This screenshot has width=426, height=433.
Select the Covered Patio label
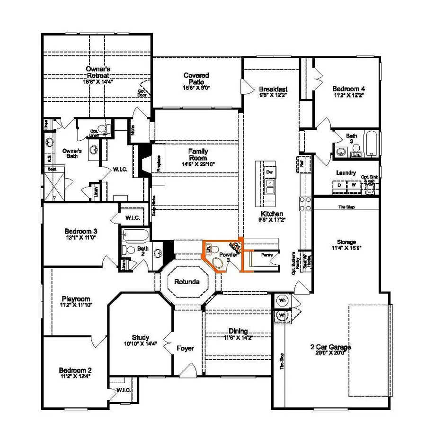pos(196,79)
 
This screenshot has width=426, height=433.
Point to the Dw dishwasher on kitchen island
pos(270,171)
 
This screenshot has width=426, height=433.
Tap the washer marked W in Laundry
pos(353,185)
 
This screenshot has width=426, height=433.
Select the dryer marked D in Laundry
pos(339,185)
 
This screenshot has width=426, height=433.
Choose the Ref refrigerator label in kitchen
pos(302,163)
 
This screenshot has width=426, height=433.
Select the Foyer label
pos(185,348)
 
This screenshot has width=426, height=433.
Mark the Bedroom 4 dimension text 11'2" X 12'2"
pos(348,95)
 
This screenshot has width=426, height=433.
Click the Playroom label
pos(76,299)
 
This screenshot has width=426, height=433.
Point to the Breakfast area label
pos(273,89)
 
